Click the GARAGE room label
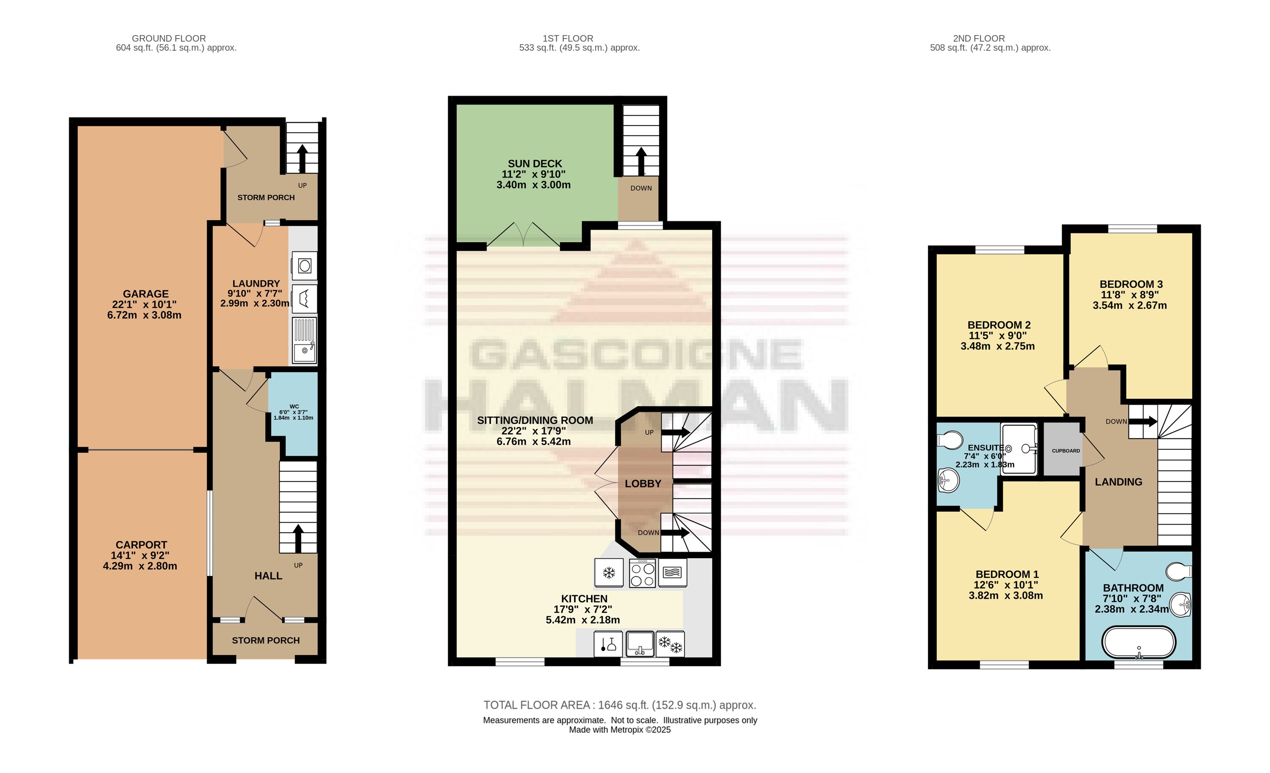coord(145,294)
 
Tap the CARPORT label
coord(141,545)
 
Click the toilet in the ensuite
coord(949,440)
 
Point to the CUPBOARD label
coord(1066,451)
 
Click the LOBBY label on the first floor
coord(643,484)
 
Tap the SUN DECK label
coord(535,163)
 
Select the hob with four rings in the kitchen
coord(642,573)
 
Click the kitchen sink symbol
coord(640,644)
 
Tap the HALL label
coord(268,576)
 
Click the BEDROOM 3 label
coord(1131,284)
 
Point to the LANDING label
coord(1118,482)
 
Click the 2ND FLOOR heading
coord(979,38)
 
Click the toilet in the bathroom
coord(1179,571)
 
